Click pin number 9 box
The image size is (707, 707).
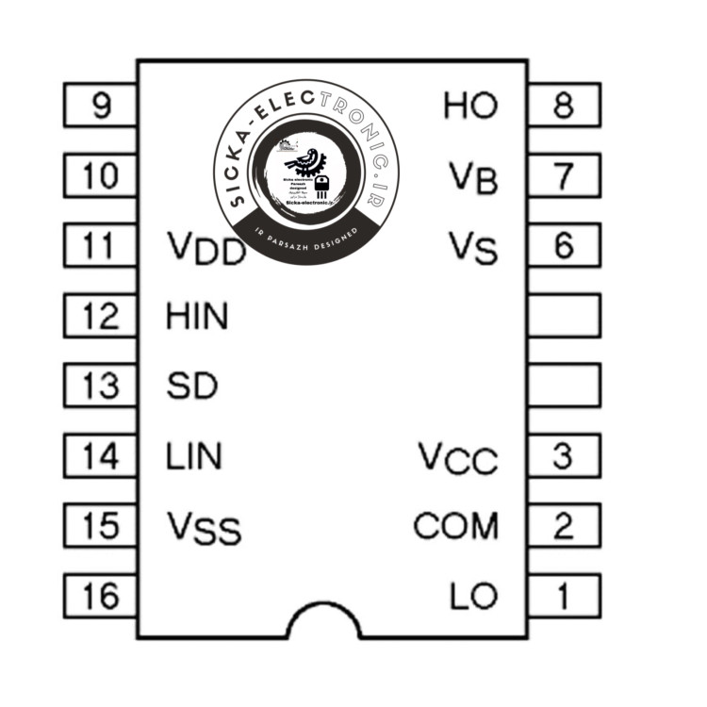tap(100, 106)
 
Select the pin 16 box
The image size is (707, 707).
tap(100, 596)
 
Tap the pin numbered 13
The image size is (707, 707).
tap(100, 386)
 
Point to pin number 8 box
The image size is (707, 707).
tap(564, 106)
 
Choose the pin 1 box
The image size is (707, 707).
tap(564, 596)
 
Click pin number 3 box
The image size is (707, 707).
tap(564, 456)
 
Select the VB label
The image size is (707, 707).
tap(472, 177)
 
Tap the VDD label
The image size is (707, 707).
tap(206, 249)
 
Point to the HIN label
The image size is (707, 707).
tap(197, 317)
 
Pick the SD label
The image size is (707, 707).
tap(191, 386)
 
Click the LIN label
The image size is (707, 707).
tap(194, 457)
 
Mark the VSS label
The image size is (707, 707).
tap(204, 528)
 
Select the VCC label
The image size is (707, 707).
tap(458, 459)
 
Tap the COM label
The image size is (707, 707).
tap(456, 526)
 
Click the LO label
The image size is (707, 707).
tap(473, 597)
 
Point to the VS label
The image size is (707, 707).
tap(472, 248)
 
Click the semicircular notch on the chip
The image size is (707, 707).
tap(323, 623)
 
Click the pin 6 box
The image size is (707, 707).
tap(564, 246)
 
